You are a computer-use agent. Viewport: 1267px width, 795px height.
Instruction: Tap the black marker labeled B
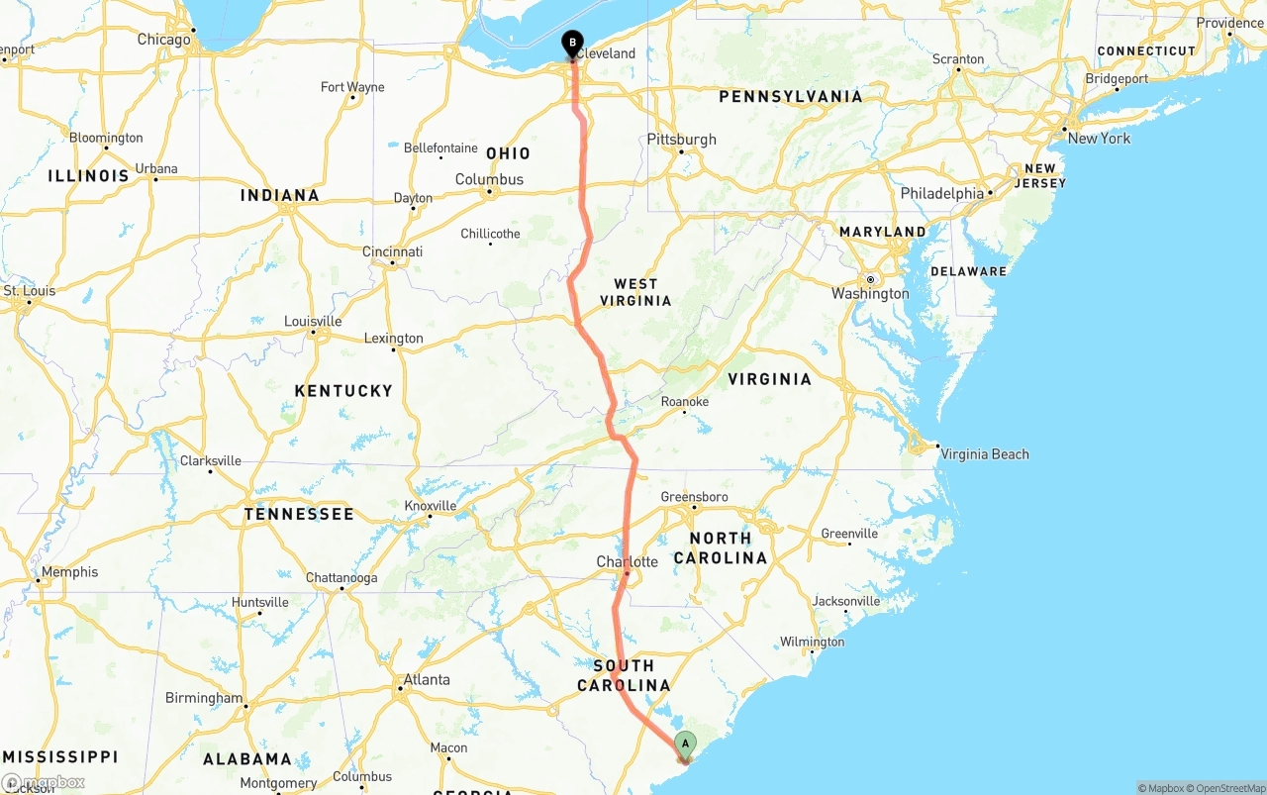[572, 44]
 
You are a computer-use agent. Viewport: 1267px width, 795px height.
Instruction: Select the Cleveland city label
[606, 53]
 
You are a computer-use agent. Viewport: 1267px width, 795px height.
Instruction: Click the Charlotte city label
[627, 561]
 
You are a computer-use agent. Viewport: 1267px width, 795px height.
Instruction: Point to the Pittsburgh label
[681, 140]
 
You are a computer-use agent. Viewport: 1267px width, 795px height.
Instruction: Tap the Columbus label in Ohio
[489, 179]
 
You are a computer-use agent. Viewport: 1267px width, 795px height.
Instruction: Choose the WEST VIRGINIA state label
[635, 292]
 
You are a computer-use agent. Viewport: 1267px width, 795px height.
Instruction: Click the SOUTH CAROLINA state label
[632, 675]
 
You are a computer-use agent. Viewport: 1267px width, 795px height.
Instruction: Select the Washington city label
[870, 293]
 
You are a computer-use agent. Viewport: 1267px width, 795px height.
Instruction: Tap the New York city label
[1099, 139]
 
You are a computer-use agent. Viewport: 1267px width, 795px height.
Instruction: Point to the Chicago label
[163, 40]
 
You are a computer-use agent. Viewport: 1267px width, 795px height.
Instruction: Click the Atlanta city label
[427, 680]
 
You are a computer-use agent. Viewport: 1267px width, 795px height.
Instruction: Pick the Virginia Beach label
[985, 454]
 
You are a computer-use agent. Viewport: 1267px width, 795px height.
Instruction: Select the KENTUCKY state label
[343, 391]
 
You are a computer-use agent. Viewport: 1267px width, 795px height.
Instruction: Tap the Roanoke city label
[685, 402]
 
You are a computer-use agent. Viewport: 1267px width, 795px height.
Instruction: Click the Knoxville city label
[431, 506]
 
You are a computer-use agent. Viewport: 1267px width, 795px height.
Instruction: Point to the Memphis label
[69, 572]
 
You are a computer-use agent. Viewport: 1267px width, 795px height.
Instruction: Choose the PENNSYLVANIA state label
[791, 96]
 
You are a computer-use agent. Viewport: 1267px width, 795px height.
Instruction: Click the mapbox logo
[44, 782]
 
